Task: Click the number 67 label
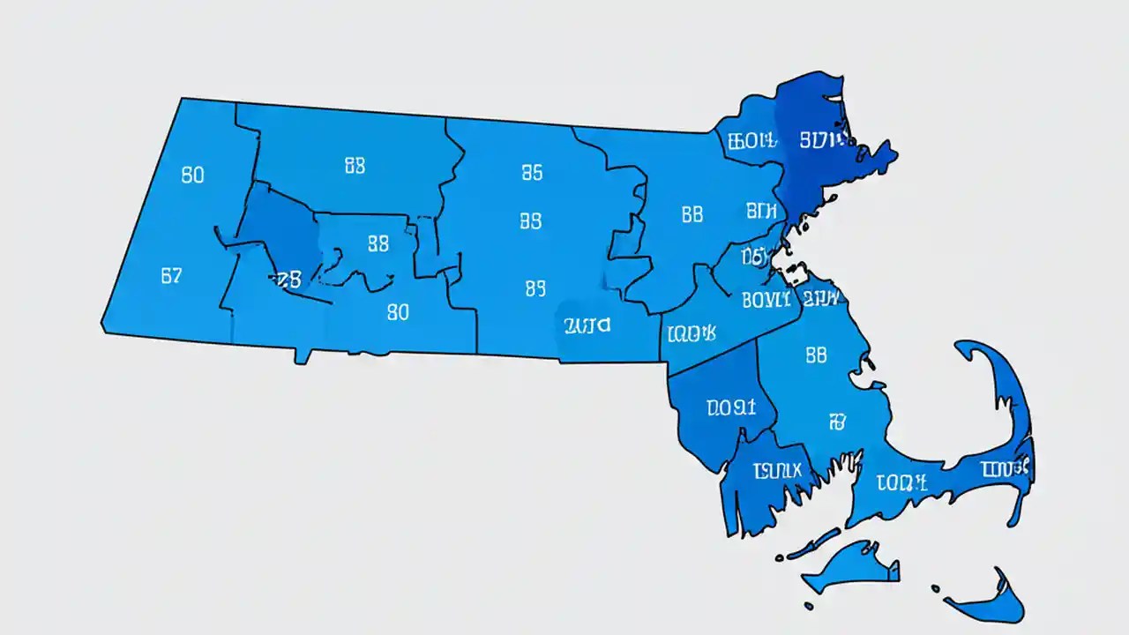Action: click(171, 275)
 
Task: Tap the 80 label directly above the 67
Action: click(192, 175)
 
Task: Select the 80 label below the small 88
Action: click(398, 311)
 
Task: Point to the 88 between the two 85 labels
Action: click(531, 220)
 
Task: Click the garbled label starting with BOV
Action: click(766, 300)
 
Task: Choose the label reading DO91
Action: click(731, 407)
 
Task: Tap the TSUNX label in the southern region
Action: click(776, 471)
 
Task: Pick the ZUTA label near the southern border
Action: click(587, 325)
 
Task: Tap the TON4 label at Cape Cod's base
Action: click(902, 482)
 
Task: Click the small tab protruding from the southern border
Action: click(303, 355)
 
